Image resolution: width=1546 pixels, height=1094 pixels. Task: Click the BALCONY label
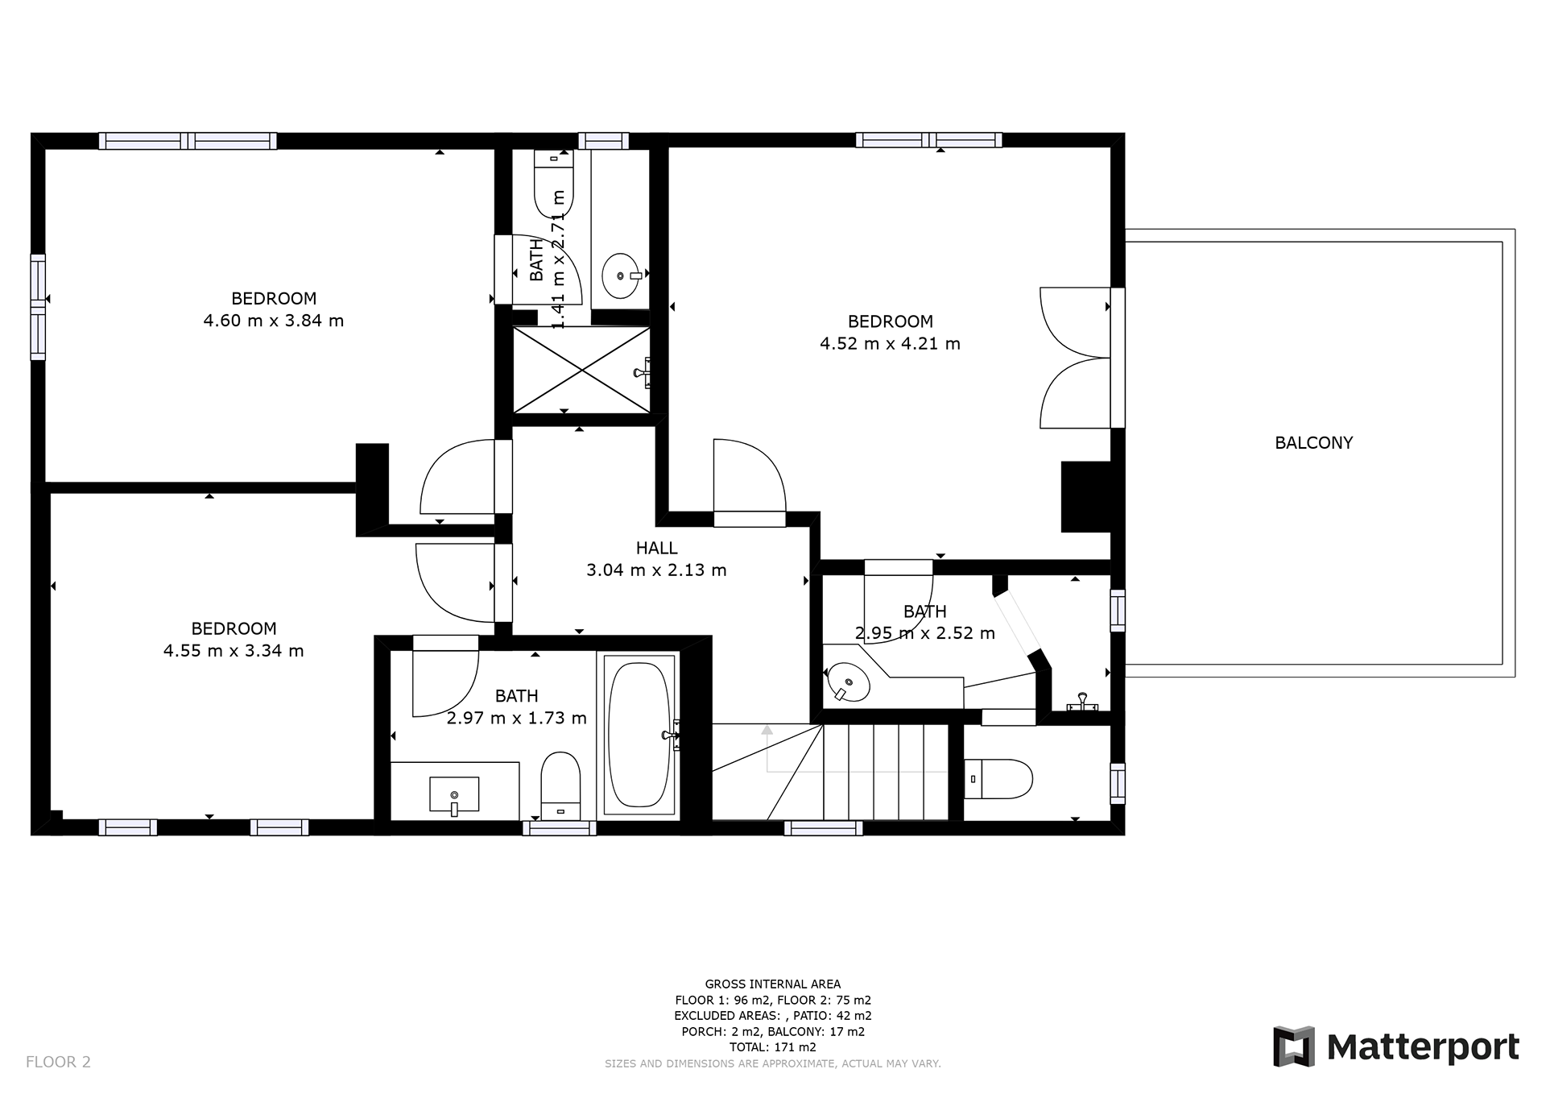1313,442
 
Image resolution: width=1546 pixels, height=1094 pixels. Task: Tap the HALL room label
656,548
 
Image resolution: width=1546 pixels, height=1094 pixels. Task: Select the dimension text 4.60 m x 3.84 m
274,321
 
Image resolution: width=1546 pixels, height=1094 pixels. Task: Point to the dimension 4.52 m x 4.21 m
890,344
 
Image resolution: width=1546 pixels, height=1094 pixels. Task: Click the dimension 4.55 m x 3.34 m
234,651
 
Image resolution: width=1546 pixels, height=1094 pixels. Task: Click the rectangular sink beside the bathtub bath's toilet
454,795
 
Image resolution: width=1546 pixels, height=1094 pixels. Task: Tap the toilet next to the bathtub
560,786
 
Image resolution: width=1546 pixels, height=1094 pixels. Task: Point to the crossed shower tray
581,370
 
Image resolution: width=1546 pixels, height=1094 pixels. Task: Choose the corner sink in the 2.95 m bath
848,682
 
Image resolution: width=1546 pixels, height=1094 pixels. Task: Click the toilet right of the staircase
998,778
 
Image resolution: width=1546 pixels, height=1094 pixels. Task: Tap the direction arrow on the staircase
767,749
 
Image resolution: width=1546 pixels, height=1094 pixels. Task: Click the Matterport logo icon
1294,1046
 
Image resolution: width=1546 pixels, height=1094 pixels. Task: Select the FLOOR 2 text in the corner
58,1062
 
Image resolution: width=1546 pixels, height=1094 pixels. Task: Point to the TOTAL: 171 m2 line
772,1047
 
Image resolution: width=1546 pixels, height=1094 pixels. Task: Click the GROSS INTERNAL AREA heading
772,984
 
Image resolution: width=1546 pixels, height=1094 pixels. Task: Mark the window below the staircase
823,827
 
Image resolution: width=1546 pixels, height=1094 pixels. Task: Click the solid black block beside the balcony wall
1086,496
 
